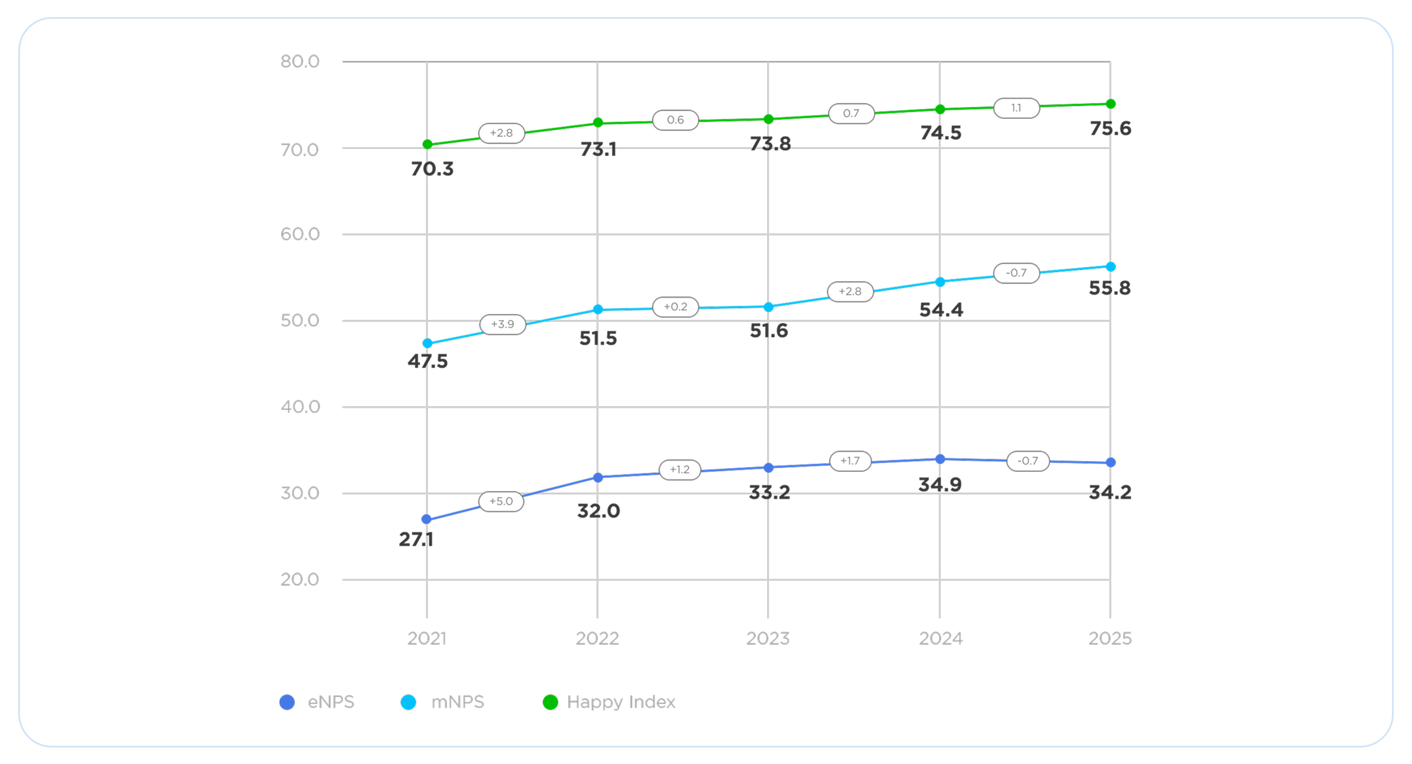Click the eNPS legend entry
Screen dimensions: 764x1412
tap(317, 702)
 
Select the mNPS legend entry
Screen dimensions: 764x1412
tap(442, 702)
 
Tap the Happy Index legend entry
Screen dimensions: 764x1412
tap(609, 702)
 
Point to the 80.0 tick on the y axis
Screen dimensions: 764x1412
tap(299, 61)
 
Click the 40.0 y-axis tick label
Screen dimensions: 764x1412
tap(299, 406)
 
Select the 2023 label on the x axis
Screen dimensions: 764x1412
tap(768, 638)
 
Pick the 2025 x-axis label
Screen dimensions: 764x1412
tap(1110, 638)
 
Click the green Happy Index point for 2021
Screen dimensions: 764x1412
tap(428, 144)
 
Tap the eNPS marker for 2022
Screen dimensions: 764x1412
tap(598, 478)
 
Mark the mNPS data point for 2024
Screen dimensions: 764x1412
tap(940, 282)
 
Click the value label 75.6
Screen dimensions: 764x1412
tap(1110, 128)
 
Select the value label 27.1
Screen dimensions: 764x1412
tap(416, 539)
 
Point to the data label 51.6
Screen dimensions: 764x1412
tap(768, 331)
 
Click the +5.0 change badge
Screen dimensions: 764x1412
tap(501, 501)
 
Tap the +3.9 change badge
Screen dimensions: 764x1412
tap(502, 324)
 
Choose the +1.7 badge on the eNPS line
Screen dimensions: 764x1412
tap(850, 461)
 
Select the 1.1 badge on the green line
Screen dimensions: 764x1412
tap(1016, 108)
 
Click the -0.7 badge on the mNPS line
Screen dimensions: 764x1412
tap(1016, 273)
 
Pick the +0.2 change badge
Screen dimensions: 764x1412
tap(675, 306)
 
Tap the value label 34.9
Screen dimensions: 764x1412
tap(940, 485)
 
